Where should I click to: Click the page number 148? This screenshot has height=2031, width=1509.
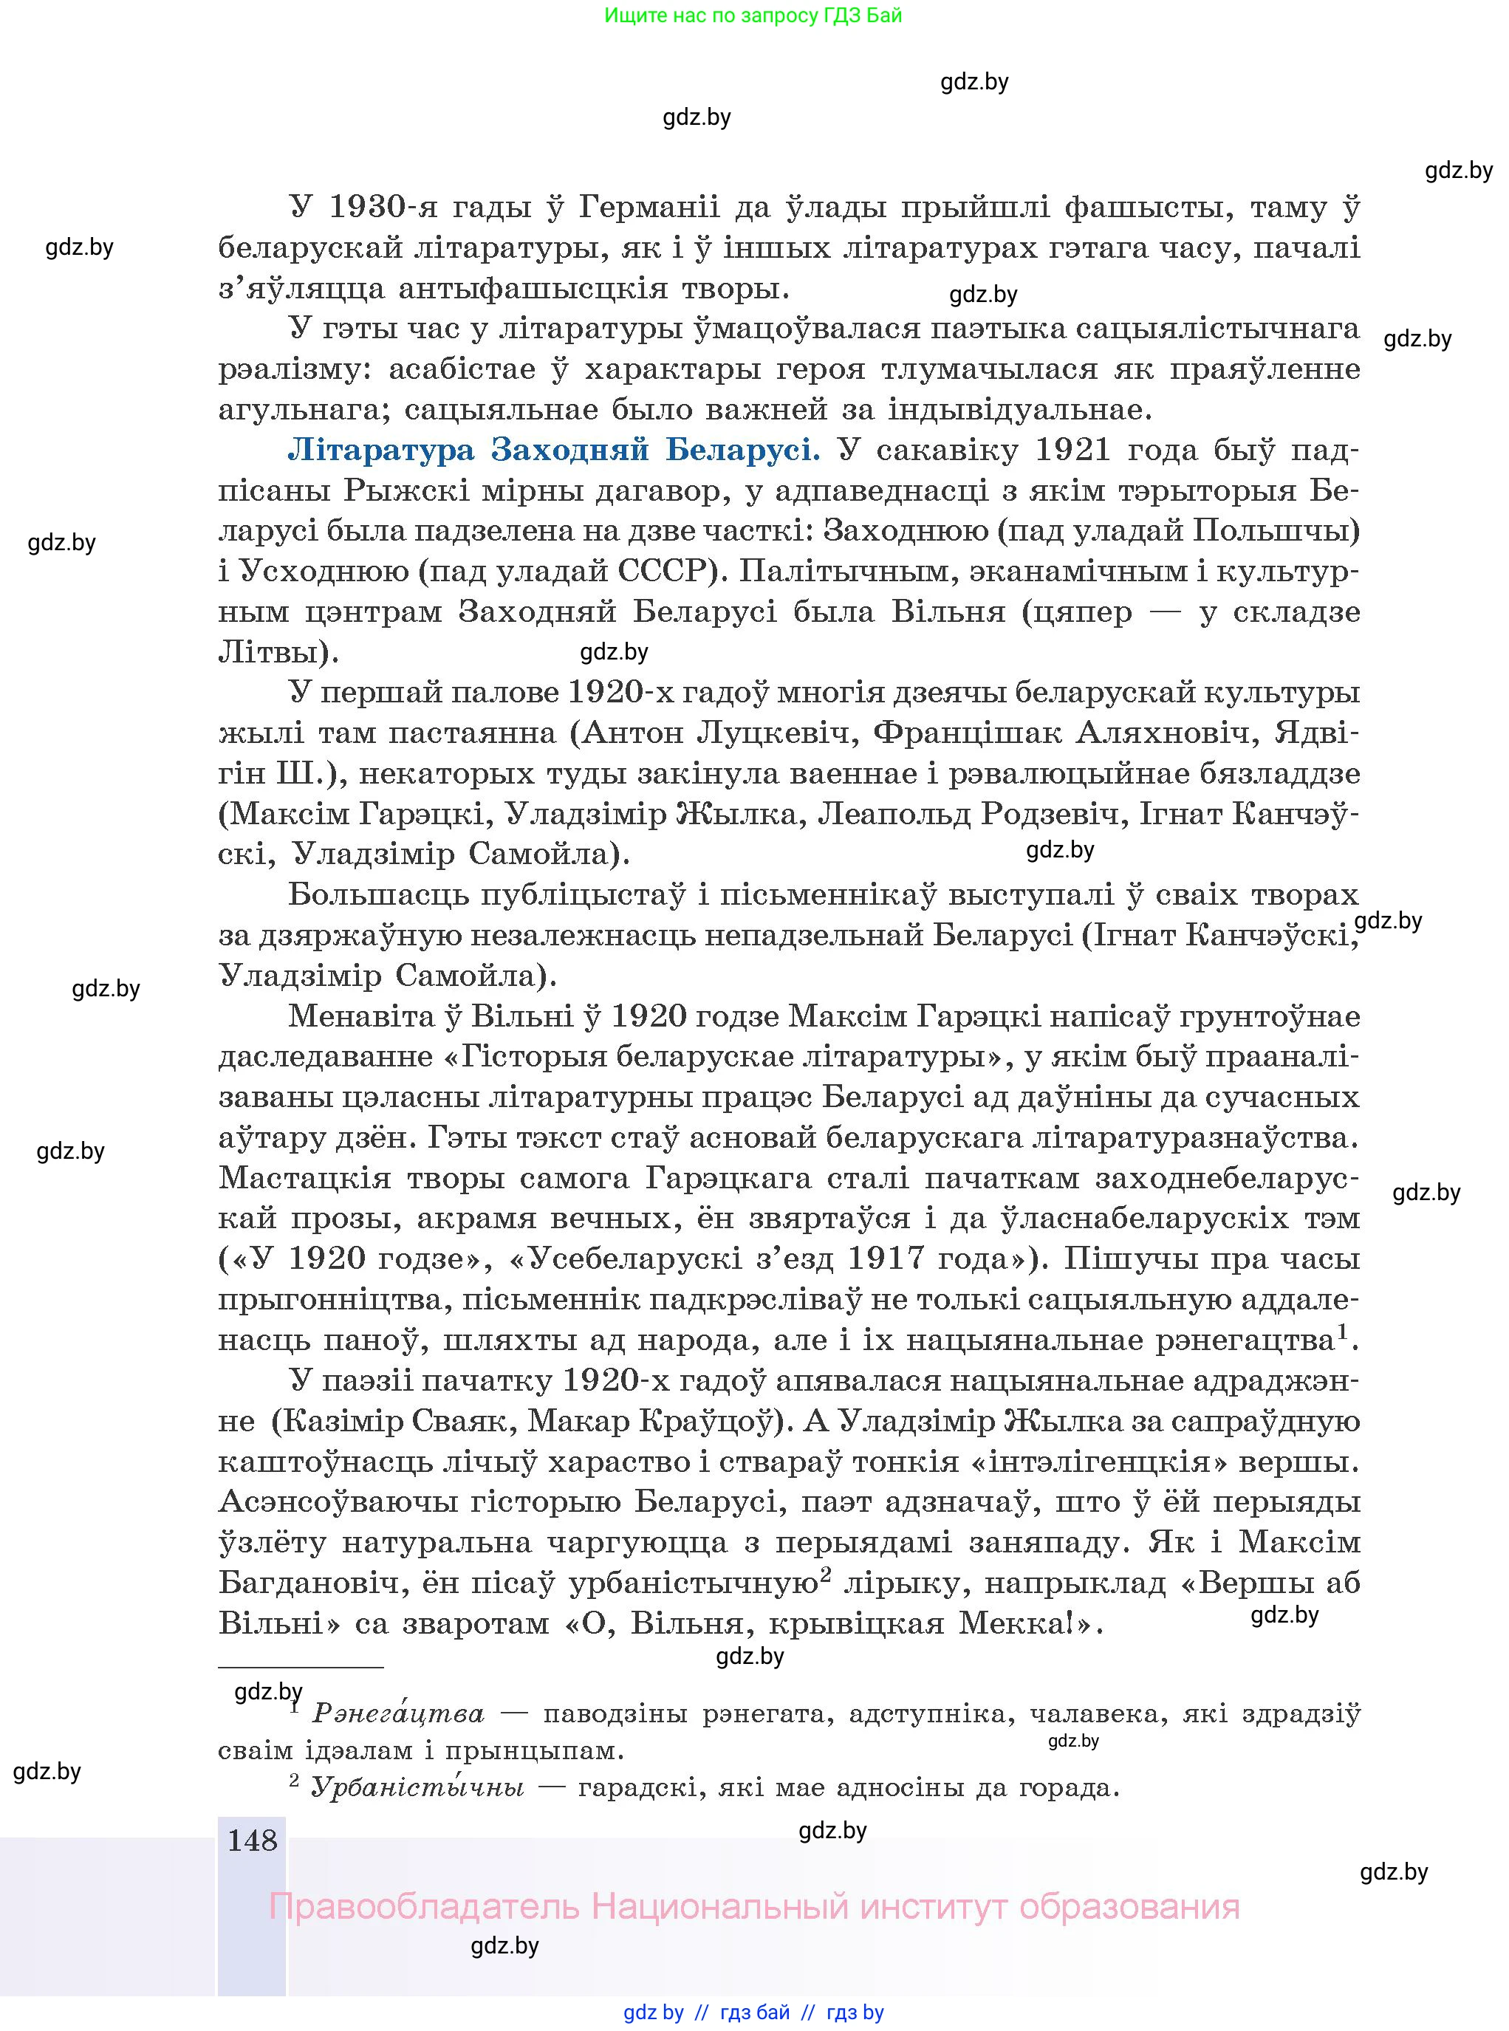[x=252, y=1838]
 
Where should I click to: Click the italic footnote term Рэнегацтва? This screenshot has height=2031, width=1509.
[x=398, y=1713]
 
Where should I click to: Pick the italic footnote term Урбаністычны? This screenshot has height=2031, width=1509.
[x=417, y=1787]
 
